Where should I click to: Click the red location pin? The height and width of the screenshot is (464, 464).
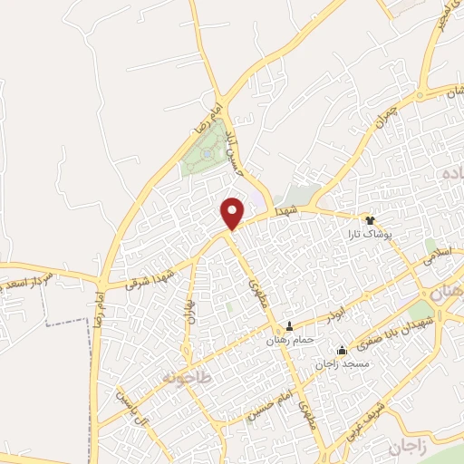point(233,212)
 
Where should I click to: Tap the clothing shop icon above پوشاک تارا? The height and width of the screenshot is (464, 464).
point(370,219)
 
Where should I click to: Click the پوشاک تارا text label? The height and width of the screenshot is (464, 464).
point(370,234)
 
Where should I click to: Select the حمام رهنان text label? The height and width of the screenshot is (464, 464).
point(289,340)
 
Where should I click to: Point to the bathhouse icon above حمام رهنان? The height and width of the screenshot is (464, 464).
point(290,325)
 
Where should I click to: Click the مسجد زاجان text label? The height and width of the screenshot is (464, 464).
point(343,363)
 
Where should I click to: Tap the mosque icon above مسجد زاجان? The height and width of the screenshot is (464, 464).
point(342,350)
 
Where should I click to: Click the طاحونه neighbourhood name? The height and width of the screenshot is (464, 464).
point(186,376)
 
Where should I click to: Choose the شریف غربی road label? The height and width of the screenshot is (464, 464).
point(357,422)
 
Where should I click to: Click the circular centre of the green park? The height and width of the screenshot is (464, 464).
point(208,154)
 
